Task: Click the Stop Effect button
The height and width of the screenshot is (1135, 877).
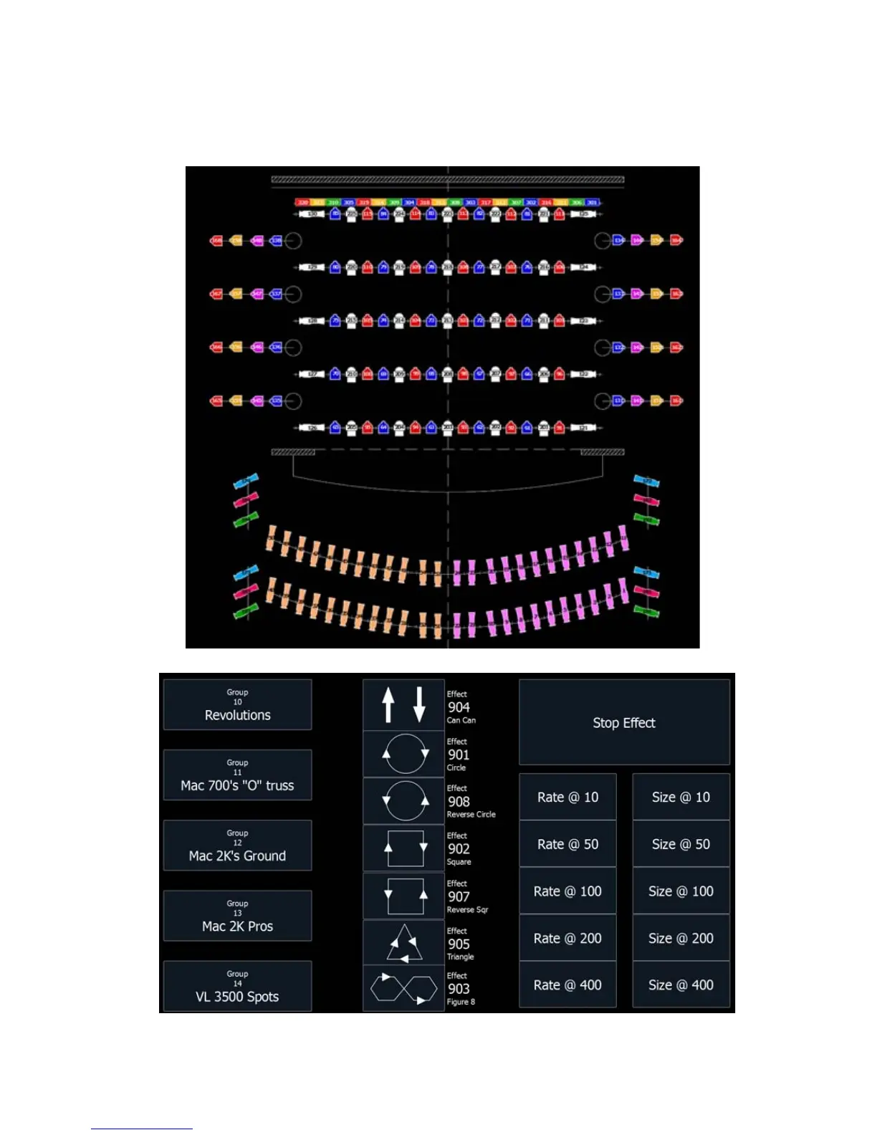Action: (623, 722)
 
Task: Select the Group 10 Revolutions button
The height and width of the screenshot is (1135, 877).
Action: (237, 705)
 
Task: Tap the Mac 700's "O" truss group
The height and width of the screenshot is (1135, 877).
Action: (237, 775)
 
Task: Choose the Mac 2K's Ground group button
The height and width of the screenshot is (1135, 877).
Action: (237, 846)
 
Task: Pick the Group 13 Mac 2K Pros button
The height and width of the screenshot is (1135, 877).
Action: (237, 916)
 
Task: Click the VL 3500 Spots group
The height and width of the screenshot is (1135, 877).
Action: (237, 986)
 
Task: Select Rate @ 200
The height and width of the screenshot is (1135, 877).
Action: (567, 938)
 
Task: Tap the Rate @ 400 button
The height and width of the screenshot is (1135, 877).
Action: (567, 985)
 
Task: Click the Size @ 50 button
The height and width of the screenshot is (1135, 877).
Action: (681, 844)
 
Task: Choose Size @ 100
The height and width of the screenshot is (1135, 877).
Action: (681, 891)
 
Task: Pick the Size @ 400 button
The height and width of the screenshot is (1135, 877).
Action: (681, 985)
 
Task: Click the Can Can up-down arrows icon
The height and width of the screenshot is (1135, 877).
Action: (403, 705)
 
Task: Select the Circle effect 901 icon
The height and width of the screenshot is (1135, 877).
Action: (404, 754)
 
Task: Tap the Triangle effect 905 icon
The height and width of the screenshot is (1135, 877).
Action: (404, 943)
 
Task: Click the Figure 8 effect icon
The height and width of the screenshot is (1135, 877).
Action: (404, 989)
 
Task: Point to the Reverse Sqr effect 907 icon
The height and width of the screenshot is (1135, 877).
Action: (404, 896)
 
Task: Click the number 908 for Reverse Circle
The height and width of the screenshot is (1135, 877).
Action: (459, 802)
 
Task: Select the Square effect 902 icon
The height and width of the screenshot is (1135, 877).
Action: (404, 848)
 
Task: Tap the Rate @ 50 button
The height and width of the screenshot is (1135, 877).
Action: (567, 844)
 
